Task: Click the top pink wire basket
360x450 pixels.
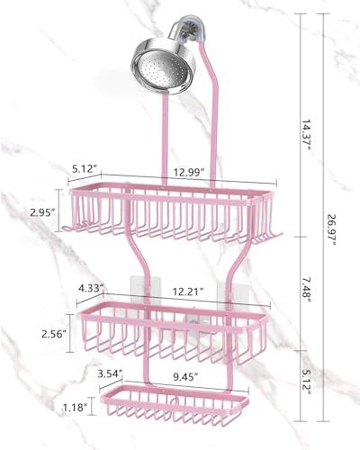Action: tap(171, 216)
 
